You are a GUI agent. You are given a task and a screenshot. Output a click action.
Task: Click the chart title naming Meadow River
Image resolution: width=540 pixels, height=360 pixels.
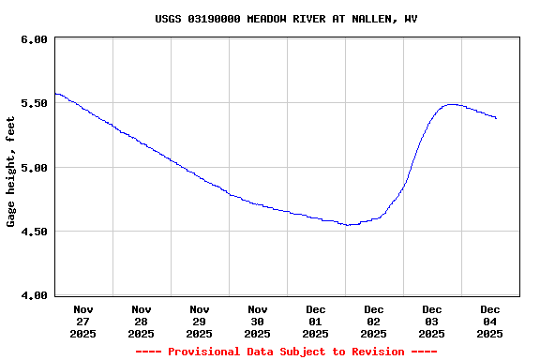coord(286,19)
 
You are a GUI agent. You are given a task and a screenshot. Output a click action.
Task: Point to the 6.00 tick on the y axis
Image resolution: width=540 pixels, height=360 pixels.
coord(34,40)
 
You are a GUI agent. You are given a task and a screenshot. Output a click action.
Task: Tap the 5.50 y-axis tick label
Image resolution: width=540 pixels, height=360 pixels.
coord(34,104)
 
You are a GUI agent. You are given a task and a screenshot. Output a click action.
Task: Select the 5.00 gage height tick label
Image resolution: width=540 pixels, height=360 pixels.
coord(34,168)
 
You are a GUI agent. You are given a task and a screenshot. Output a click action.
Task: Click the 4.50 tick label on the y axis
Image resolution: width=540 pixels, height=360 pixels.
coord(34,232)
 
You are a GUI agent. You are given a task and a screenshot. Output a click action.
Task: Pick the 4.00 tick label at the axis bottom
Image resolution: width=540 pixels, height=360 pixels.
coord(34,295)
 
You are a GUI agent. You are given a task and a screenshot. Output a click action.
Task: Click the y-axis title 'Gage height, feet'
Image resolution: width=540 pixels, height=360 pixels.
coord(11,172)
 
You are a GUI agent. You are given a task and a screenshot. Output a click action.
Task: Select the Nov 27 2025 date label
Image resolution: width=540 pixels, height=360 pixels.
coord(83,321)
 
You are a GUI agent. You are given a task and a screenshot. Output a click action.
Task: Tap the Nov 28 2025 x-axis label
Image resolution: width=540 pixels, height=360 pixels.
coord(142,321)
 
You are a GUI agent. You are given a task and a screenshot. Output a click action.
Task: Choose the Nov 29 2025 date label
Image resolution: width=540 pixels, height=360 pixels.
coord(200,321)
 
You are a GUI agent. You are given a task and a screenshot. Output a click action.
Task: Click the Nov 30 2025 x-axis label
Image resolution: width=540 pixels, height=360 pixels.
coord(258,321)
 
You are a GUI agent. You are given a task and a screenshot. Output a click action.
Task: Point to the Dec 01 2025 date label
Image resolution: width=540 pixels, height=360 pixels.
coord(316,321)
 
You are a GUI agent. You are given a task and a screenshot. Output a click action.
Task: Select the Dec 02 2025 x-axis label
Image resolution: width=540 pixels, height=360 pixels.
coord(374,321)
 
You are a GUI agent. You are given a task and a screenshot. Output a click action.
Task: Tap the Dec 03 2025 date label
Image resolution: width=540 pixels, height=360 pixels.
coord(432,321)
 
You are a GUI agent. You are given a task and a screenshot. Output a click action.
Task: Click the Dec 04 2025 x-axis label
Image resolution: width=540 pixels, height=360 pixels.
coord(490,321)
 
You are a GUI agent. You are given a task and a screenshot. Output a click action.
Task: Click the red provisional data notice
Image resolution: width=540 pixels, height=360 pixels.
coord(286,352)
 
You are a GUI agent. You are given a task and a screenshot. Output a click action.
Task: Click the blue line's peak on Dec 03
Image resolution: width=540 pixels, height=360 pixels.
coord(452,104)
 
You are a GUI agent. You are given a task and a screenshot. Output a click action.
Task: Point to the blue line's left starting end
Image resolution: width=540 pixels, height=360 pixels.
coord(55,93)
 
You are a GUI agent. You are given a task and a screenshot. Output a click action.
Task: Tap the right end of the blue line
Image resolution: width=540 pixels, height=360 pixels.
coord(496,118)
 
